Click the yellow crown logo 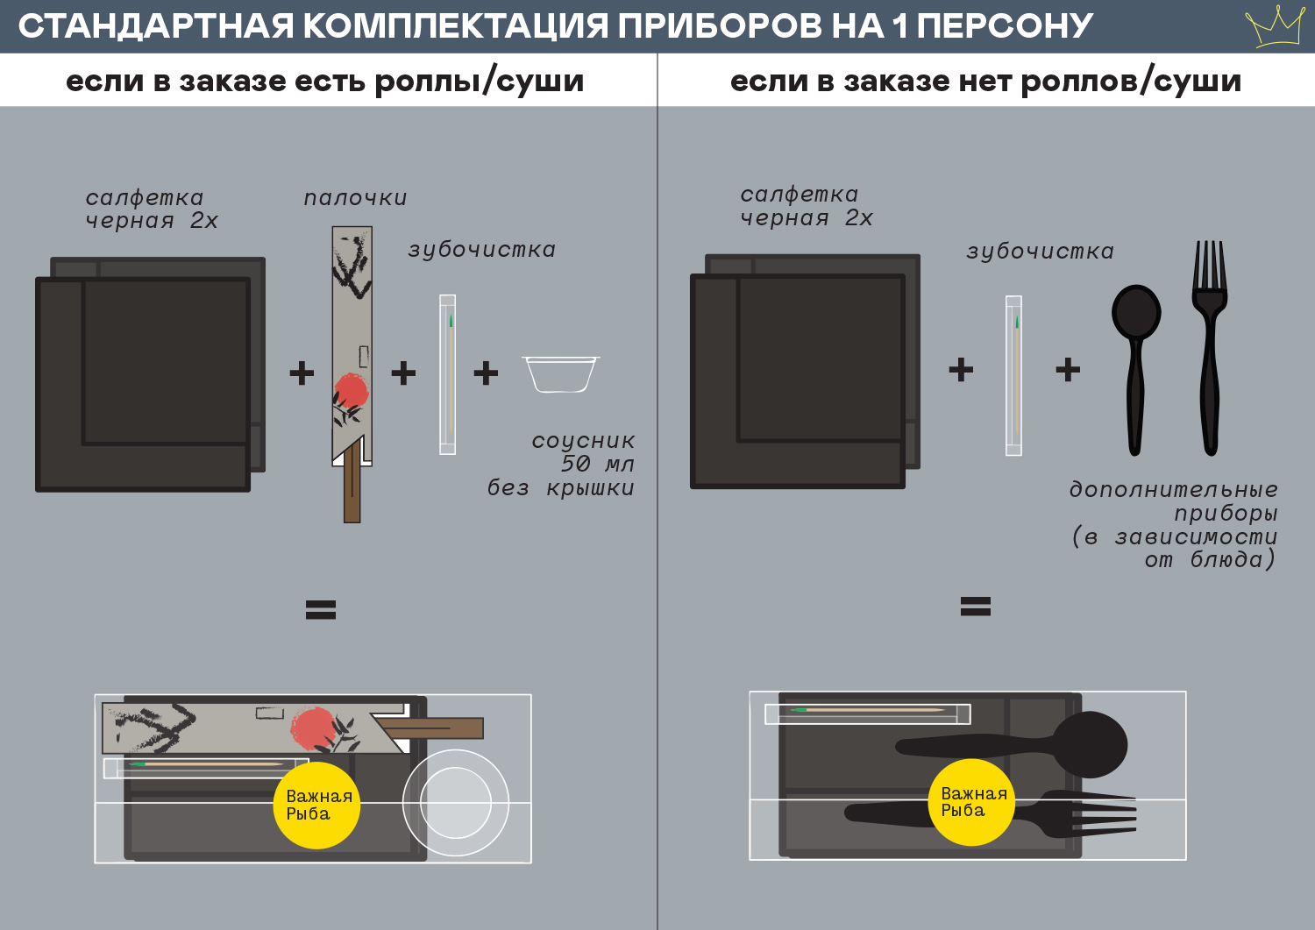tap(1276, 26)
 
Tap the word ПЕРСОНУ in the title tap(1005, 26)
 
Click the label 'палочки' tap(355, 198)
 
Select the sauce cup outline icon tap(561, 373)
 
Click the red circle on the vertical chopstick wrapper tap(352, 390)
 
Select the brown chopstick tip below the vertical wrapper tap(352, 491)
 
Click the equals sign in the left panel tap(321, 609)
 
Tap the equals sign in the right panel tap(976, 606)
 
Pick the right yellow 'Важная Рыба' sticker tap(971, 802)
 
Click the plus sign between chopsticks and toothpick tap(403, 373)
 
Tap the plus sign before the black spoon tap(1068, 370)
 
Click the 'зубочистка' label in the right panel tap(1040, 252)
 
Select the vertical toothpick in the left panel tap(447, 374)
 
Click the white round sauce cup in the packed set tap(456, 803)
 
